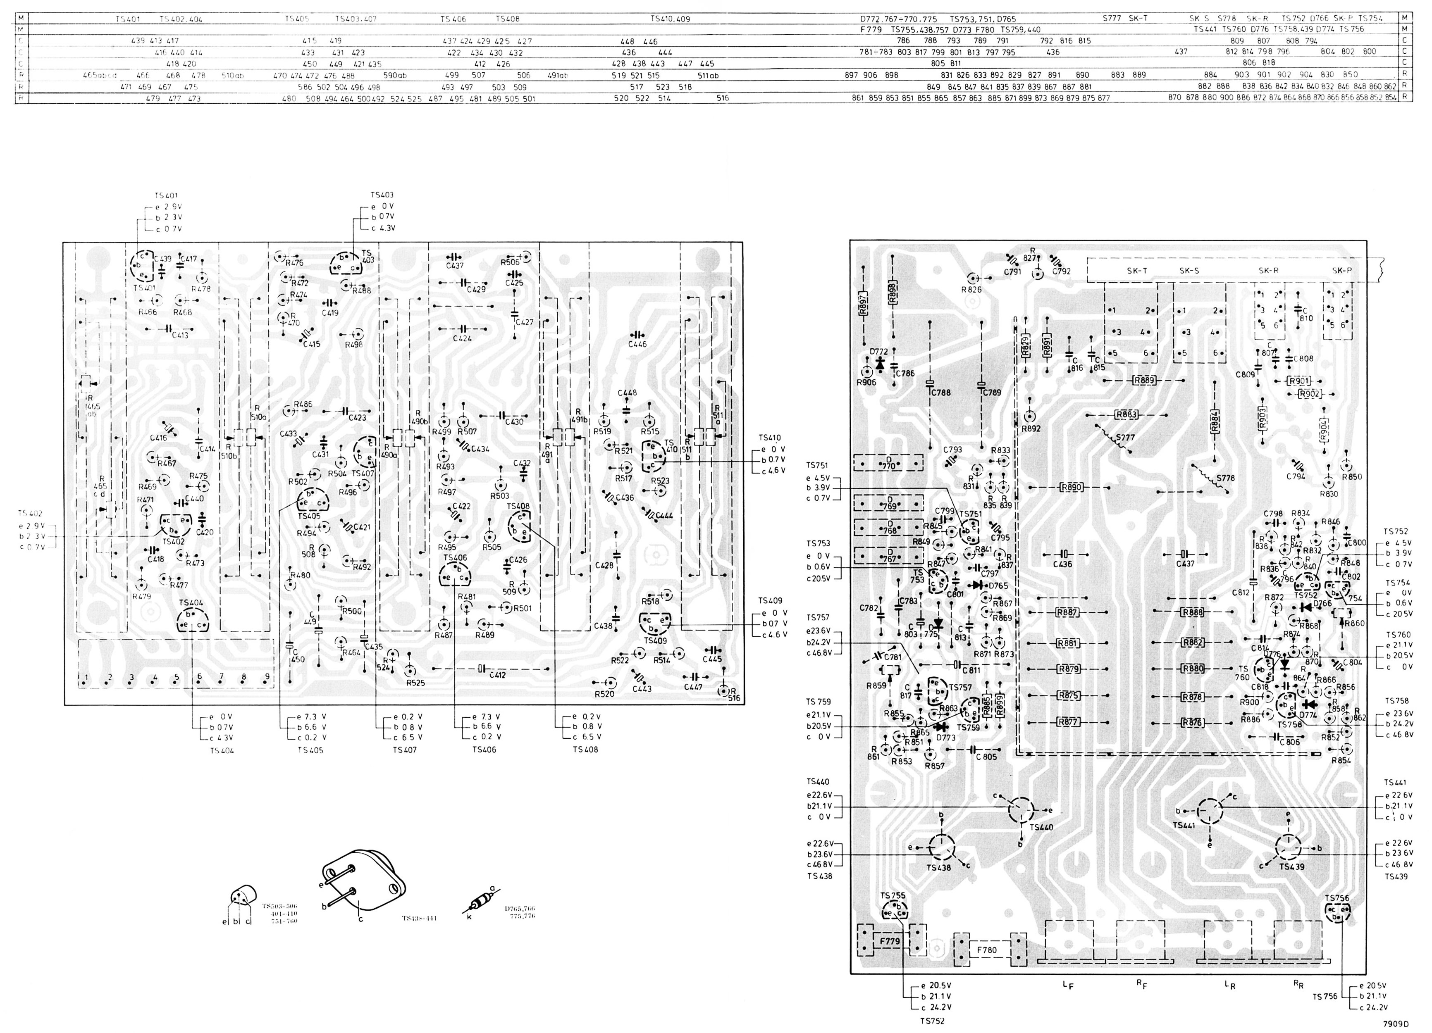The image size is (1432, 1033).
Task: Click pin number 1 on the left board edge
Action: (x=85, y=678)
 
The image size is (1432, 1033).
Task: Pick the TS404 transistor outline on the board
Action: (x=192, y=620)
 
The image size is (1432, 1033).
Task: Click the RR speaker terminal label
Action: (x=1298, y=984)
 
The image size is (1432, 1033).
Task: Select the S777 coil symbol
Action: (x=1112, y=440)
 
